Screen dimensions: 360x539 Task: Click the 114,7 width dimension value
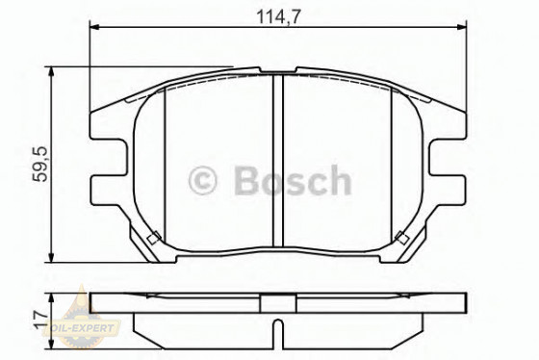273,13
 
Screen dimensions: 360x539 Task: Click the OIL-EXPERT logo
83,327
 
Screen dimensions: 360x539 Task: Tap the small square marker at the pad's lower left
151,238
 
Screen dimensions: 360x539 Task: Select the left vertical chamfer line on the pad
166,164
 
